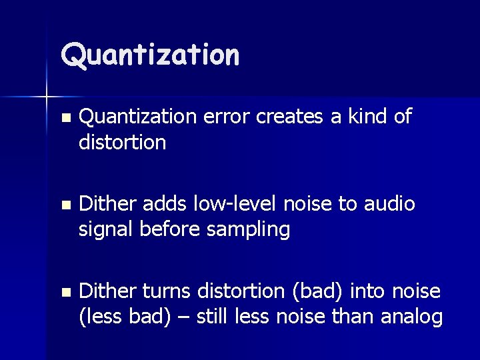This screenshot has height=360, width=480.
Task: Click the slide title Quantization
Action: coord(150,55)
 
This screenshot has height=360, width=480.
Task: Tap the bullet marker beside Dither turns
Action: coord(63,292)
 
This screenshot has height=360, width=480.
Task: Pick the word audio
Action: coord(389,204)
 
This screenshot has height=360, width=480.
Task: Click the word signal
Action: coord(106,230)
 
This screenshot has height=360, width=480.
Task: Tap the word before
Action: coord(171,230)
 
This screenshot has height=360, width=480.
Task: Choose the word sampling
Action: coord(248,230)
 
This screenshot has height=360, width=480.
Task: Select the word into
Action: coord(366,291)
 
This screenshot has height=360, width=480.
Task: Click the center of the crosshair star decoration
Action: coord(47,98)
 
